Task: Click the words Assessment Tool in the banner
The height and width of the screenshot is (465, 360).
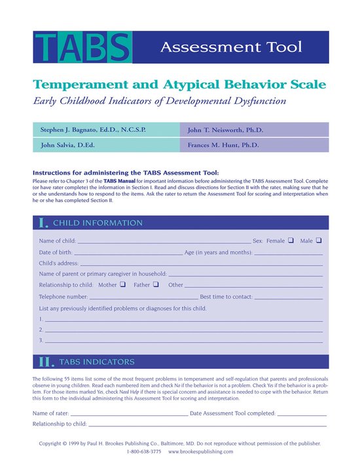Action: (231, 47)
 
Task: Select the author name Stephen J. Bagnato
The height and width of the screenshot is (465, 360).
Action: (97, 129)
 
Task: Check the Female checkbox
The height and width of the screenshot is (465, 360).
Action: (290, 241)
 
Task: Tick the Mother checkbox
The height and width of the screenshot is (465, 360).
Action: (122, 284)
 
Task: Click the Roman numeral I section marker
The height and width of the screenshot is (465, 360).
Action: (44, 223)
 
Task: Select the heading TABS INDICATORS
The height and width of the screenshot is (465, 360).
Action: (97, 362)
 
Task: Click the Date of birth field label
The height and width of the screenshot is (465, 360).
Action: (56, 252)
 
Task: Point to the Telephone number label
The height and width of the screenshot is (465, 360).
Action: (64, 296)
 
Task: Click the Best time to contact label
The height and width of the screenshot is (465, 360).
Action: (226, 296)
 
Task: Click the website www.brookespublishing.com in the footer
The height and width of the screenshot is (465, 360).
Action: (200, 452)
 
